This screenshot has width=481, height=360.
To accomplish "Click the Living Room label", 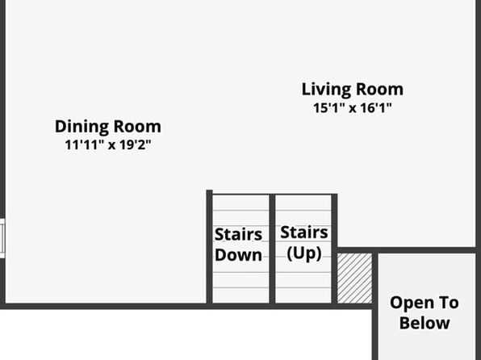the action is (353, 90).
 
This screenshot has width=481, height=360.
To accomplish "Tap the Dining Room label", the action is (108, 127).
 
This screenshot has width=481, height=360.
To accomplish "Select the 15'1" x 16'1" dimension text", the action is (353, 108).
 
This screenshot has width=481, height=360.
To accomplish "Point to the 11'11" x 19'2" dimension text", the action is (108, 144).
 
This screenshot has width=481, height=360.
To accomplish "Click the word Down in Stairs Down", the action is (238, 255).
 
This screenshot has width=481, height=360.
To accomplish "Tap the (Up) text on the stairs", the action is (304, 253).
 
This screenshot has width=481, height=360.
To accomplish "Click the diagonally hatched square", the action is (354, 278).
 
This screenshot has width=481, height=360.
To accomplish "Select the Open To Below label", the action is (425, 312).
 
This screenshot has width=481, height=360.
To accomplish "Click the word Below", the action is (425, 323).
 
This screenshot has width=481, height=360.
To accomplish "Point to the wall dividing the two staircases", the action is (272, 249).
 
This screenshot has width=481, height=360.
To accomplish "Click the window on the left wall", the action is (2, 238).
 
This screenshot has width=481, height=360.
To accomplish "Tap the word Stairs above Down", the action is (238, 235).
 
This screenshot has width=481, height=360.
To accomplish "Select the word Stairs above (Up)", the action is (304, 232).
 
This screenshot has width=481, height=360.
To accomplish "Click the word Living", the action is (326, 90).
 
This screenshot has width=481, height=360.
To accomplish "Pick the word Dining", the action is (82, 127).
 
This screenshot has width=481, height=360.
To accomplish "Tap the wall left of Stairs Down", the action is (209, 247).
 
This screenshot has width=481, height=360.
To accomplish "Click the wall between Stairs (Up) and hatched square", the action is (334, 249).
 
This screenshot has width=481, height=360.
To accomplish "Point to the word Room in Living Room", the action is (380, 90).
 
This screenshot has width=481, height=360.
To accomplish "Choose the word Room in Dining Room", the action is (137, 127).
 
